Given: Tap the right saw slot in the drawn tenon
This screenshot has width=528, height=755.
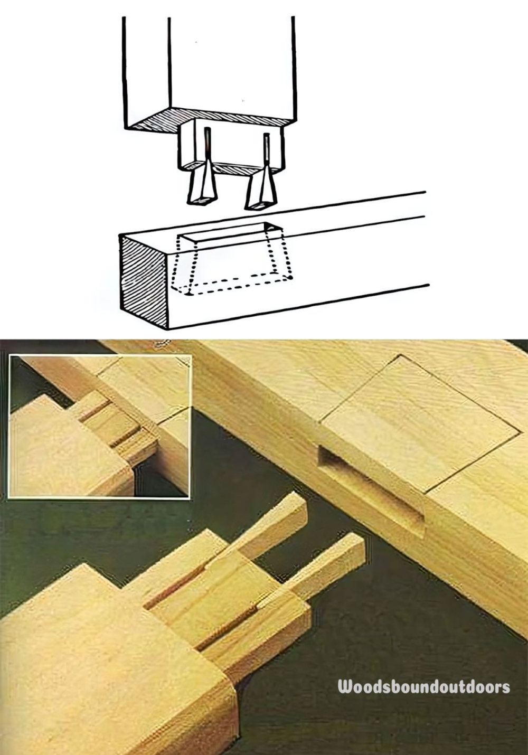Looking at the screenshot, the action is click(x=267, y=148).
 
